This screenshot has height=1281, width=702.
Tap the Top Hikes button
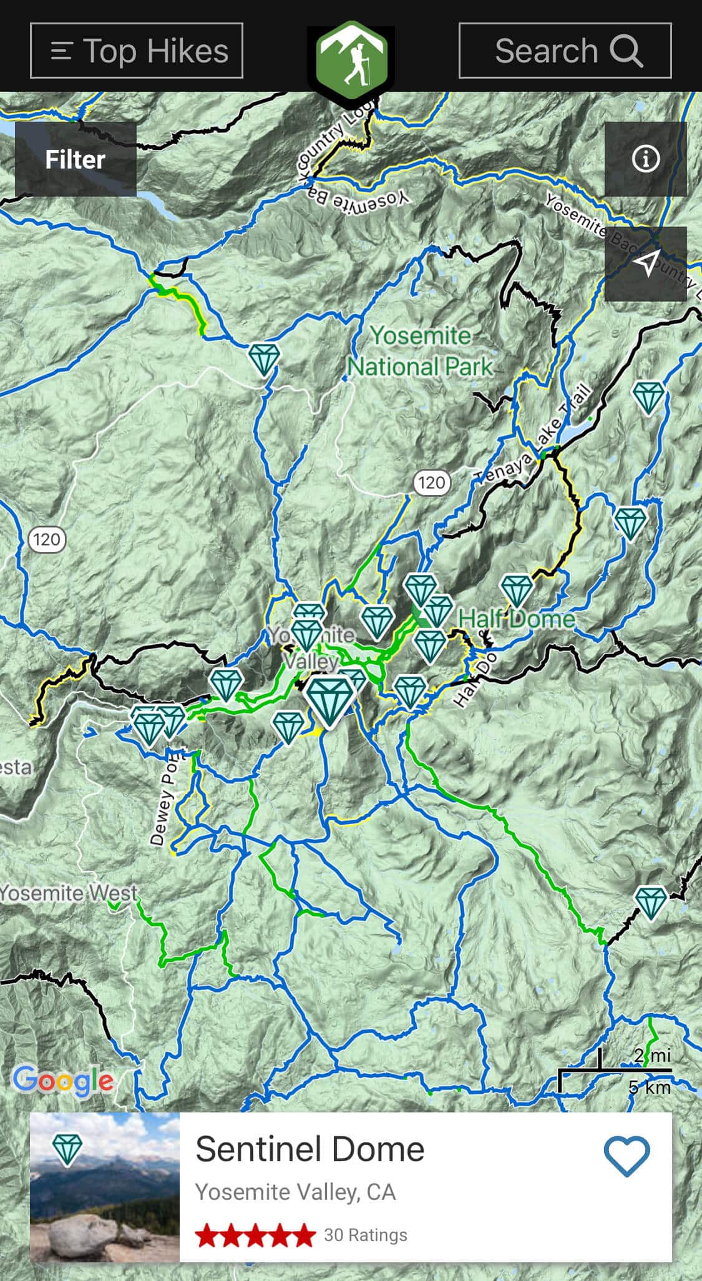[x=136, y=51]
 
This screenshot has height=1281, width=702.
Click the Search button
[x=565, y=51]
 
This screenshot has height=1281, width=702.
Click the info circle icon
[x=645, y=159]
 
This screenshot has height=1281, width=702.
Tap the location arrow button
[x=645, y=263]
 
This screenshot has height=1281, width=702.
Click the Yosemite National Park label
[x=420, y=351]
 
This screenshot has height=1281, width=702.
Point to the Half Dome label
[x=516, y=619]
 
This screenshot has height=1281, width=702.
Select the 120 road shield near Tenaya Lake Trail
[x=431, y=483]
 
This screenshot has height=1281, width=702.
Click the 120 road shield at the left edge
[x=47, y=539]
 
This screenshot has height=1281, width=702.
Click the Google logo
[x=63, y=1081]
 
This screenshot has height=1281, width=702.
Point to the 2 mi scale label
[x=651, y=1056]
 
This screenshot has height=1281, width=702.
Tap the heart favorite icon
[x=626, y=1156]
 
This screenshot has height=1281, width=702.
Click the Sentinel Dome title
[x=310, y=1149]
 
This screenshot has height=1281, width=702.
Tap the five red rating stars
[x=255, y=1235]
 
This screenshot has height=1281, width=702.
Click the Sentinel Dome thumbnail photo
[x=105, y=1187]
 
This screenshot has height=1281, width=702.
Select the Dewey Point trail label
[x=164, y=799]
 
